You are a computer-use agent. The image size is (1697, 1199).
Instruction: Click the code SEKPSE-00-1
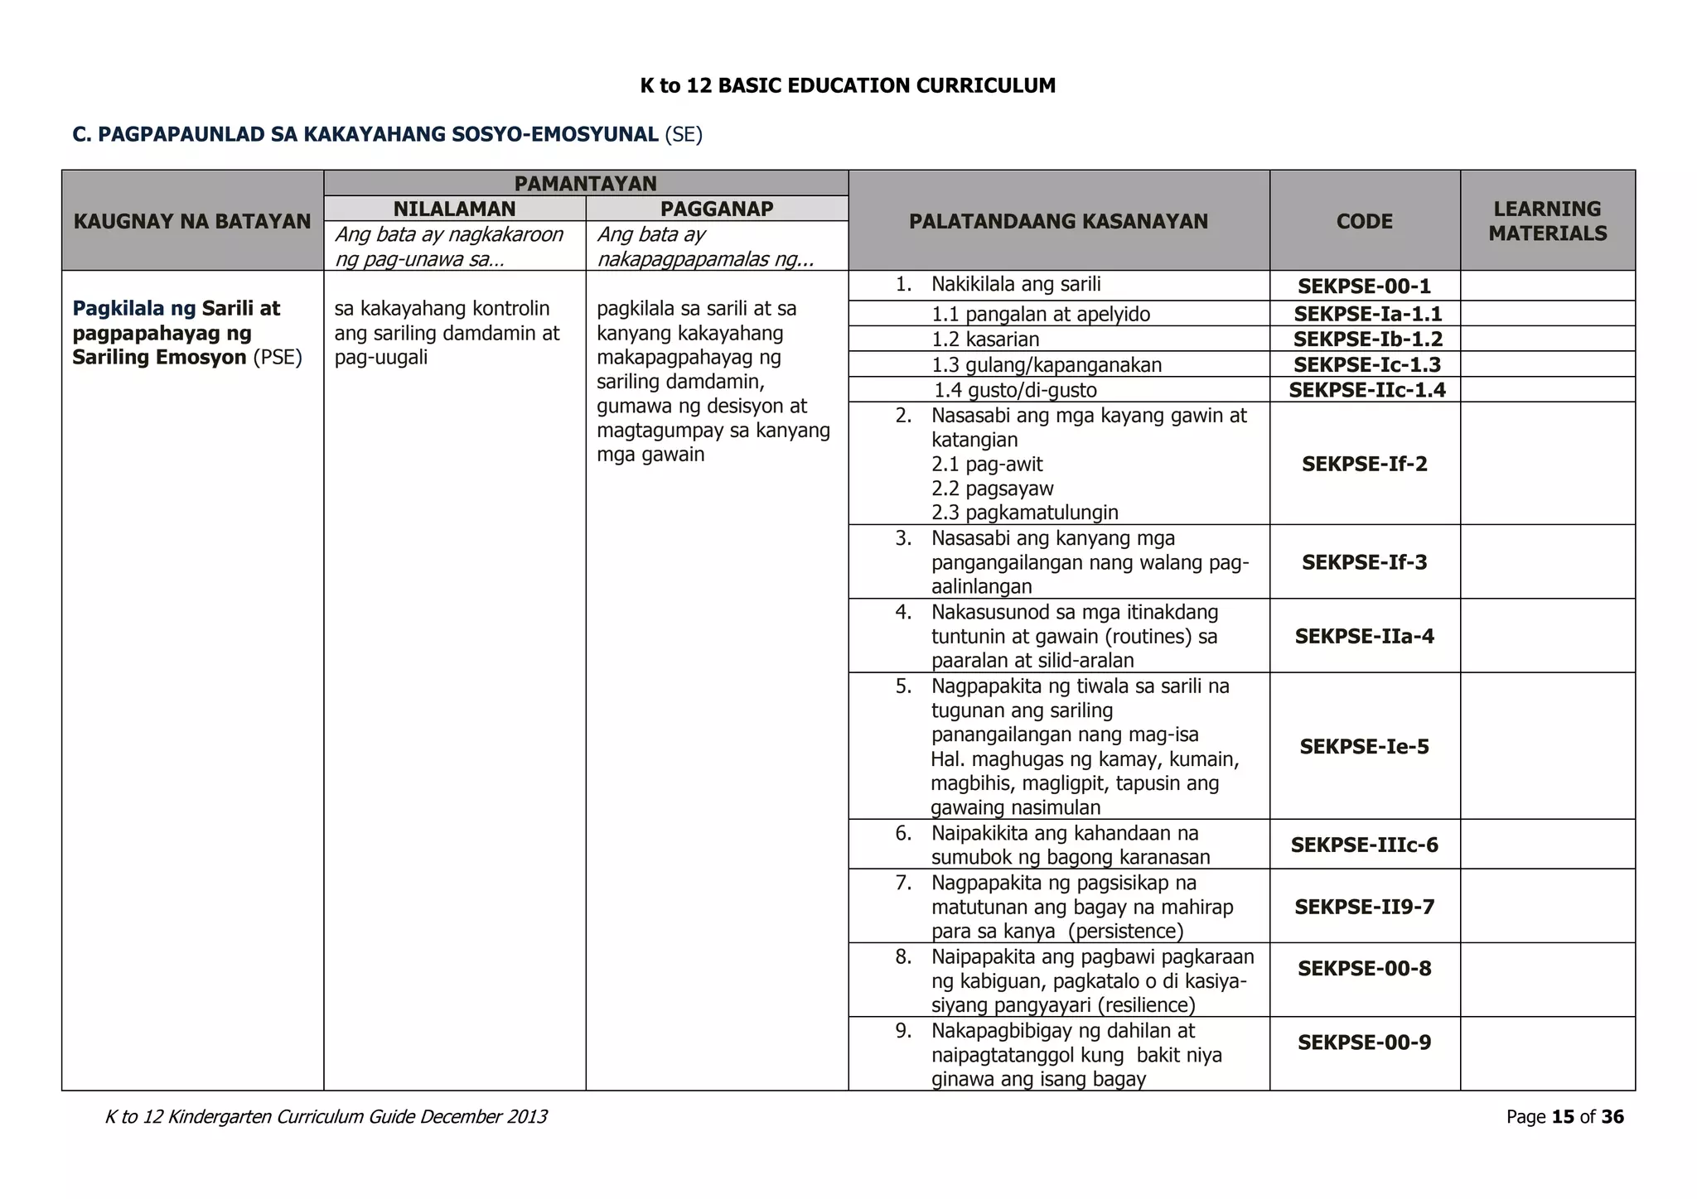(1364, 287)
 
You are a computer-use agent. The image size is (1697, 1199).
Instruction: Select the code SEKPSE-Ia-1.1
(1367, 314)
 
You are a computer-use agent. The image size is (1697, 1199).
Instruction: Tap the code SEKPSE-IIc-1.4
(1366, 390)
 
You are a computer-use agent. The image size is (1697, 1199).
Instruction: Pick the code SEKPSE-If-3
(1364, 562)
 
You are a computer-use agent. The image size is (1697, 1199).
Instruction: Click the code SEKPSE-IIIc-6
(1364, 845)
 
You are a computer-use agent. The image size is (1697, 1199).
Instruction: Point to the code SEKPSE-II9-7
(1364, 907)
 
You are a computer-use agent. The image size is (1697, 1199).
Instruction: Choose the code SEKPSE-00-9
(1364, 1043)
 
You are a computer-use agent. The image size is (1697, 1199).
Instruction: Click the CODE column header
(1364, 221)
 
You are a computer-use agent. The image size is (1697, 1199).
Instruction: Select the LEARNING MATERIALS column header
(1547, 221)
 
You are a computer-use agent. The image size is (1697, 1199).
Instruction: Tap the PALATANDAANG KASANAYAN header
(1058, 221)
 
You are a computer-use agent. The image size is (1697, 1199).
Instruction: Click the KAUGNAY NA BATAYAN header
(192, 221)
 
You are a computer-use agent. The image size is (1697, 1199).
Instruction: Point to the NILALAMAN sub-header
(454, 209)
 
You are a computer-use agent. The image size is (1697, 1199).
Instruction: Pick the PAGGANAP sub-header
(717, 209)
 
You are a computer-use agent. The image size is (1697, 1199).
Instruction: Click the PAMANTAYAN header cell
(585, 183)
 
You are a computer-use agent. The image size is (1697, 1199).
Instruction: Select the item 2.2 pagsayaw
(992, 489)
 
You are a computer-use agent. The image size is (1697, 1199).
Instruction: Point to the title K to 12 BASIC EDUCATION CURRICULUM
(848, 85)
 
